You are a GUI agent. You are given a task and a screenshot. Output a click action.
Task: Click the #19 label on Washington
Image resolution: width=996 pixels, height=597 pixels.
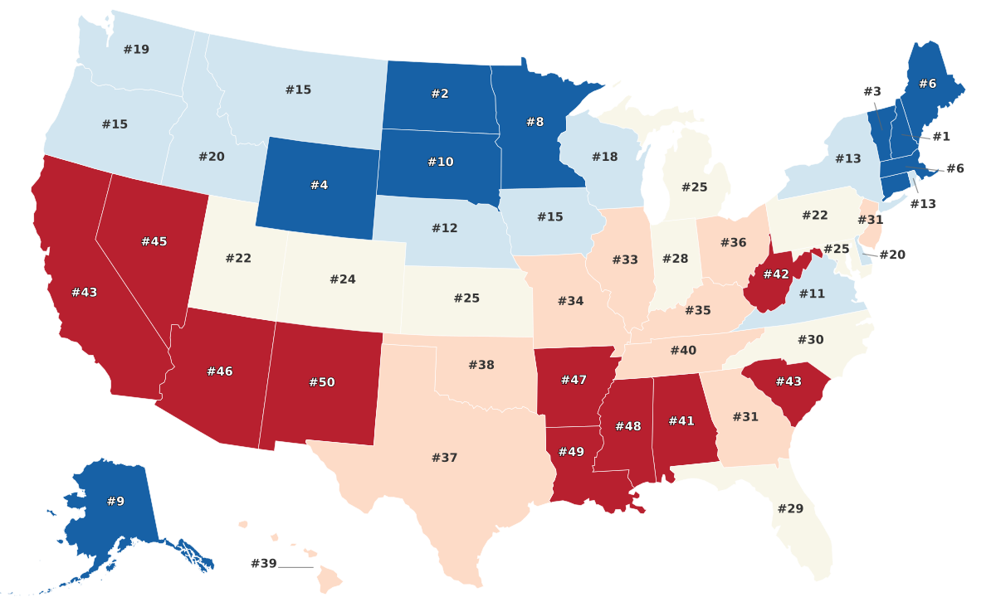pyautogui.click(x=136, y=50)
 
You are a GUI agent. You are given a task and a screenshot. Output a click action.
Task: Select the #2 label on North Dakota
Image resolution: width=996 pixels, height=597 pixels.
pyautogui.click(x=440, y=94)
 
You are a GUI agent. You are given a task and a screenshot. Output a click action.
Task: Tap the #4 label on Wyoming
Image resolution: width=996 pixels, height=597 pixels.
pyautogui.click(x=319, y=185)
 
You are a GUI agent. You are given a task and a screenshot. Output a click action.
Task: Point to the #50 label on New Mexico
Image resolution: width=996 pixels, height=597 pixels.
pyautogui.click(x=321, y=382)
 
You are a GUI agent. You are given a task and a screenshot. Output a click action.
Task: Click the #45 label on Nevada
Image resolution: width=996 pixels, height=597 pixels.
pyautogui.click(x=154, y=241)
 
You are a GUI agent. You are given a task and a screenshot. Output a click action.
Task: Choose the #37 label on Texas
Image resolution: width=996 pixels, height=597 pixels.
pyautogui.click(x=445, y=458)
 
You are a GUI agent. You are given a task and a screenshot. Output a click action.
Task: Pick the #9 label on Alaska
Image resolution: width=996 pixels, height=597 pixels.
pyautogui.click(x=115, y=501)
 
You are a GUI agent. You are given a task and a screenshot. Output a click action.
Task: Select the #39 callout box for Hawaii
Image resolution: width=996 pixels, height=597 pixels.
pyautogui.click(x=263, y=564)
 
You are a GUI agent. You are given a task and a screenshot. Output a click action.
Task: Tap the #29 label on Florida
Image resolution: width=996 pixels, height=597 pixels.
pyautogui.click(x=790, y=508)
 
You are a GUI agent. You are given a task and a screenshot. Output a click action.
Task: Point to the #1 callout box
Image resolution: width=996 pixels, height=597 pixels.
pyautogui.click(x=940, y=136)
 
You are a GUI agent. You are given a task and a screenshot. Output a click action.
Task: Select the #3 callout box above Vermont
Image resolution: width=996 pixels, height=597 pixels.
pyautogui.click(x=871, y=91)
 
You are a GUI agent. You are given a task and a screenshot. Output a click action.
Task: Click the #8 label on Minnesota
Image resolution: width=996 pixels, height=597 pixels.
pyautogui.click(x=535, y=122)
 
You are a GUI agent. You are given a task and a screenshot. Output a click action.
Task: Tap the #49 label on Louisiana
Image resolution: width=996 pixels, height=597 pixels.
pyautogui.click(x=572, y=451)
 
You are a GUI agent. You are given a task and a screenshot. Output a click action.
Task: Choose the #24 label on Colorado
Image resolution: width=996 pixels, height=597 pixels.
pyautogui.click(x=342, y=279)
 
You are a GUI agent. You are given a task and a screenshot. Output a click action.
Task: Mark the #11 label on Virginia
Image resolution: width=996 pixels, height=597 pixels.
pyautogui.click(x=813, y=294)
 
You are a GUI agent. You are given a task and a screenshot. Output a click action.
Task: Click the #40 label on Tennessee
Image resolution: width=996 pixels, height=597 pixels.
pyautogui.click(x=683, y=351)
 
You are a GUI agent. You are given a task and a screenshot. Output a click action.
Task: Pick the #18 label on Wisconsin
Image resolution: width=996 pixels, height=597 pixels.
pyautogui.click(x=605, y=157)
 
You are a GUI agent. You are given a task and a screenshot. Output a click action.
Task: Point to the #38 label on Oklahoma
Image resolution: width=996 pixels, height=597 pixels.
pyautogui.click(x=481, y=365)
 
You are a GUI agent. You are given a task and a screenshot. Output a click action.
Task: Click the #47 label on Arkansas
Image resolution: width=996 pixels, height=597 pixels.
pyautogui.click(x=574, y=380)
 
